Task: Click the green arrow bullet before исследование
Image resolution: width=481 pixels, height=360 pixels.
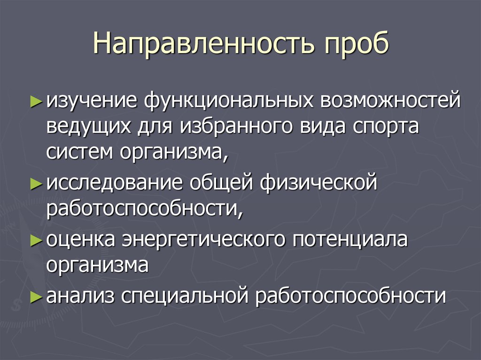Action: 36,183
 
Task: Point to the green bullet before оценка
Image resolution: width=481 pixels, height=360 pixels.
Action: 36,239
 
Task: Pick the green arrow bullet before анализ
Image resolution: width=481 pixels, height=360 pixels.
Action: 36,297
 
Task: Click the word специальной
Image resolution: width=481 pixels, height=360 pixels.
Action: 185,297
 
